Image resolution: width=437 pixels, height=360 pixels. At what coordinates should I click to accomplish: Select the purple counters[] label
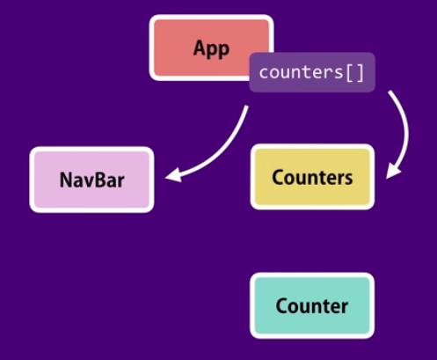[312, 72]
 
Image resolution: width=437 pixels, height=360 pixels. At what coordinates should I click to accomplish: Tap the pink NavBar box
[91, 180]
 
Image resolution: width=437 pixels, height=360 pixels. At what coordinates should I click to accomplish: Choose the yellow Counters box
[312, 177]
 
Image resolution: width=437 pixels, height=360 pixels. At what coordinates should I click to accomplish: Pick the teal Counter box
[312, 305]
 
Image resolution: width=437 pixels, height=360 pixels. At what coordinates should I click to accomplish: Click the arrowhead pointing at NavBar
[173, 175]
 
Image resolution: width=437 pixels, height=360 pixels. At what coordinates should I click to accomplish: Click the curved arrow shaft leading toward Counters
[407, 129]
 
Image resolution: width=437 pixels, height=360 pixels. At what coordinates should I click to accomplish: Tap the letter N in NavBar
[66, 180]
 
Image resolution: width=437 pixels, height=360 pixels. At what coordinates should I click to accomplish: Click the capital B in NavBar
[94, 180]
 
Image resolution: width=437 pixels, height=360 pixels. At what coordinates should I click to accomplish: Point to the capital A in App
[200, 48]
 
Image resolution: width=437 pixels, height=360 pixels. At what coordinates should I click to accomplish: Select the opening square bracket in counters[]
[349, 73]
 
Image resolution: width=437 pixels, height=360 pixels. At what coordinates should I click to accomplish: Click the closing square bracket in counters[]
[361, 73]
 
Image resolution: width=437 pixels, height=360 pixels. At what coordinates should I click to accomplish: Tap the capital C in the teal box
[282, 305]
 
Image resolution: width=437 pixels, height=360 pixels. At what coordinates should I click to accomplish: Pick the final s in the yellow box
[348, 179]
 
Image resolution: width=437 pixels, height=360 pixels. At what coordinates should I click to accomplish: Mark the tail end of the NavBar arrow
[247, 106]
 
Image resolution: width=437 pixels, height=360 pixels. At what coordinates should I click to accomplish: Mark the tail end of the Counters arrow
[390, 92]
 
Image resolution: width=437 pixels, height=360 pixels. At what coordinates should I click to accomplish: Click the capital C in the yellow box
[279, 177]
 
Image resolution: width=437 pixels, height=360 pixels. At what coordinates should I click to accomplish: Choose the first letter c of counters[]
[264, 73]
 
